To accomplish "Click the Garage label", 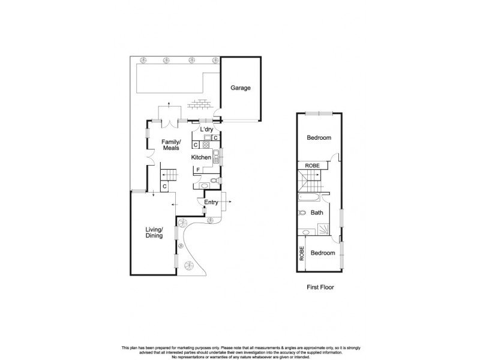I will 241,88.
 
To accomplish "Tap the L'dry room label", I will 206,130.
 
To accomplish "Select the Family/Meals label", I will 172,145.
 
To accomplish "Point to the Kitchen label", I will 201,157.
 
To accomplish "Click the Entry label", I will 211,203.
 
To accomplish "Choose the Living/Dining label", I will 154,232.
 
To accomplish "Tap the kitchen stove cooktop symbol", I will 206,145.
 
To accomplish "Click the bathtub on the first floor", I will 309,196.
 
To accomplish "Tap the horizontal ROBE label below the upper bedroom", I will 312,166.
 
